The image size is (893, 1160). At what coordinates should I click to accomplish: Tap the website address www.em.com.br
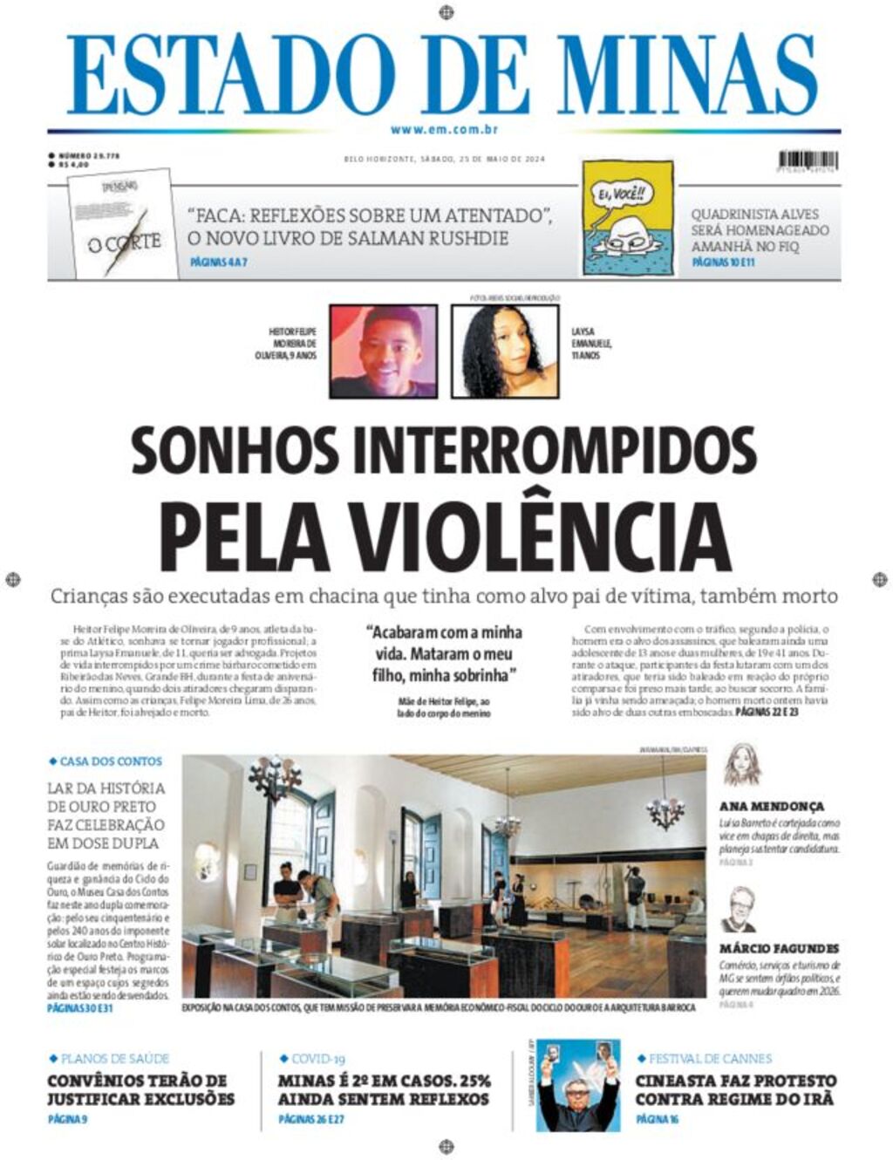pyautogui.click(x=444, y=130)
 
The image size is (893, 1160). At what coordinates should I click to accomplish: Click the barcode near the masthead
pyautogui.click(x=808, y=160)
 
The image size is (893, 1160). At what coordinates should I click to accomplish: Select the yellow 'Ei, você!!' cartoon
pyautogui.click(x=628, y=219)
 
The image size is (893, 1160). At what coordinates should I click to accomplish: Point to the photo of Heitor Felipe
pyautogui.click(x=383, y=351)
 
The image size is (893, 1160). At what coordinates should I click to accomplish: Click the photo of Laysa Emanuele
pyautogui.click(x=504, y=351)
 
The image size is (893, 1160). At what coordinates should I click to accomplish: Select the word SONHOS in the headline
pyautogui.click(x=235, y=448)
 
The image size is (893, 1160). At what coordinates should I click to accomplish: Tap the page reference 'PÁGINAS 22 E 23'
pyautogui.click(x=767, y=713)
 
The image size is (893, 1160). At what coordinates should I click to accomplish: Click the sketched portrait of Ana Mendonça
pyautogui.click(x=742, y=766)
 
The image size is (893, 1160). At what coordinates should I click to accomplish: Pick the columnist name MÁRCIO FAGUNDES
pyautogui.click(x=779, y=948)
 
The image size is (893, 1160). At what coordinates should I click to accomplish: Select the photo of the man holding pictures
pyautogui.click(x=576, y=1085)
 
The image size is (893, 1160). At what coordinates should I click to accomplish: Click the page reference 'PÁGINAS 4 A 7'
pyautogui.click(x=218, y=263)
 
